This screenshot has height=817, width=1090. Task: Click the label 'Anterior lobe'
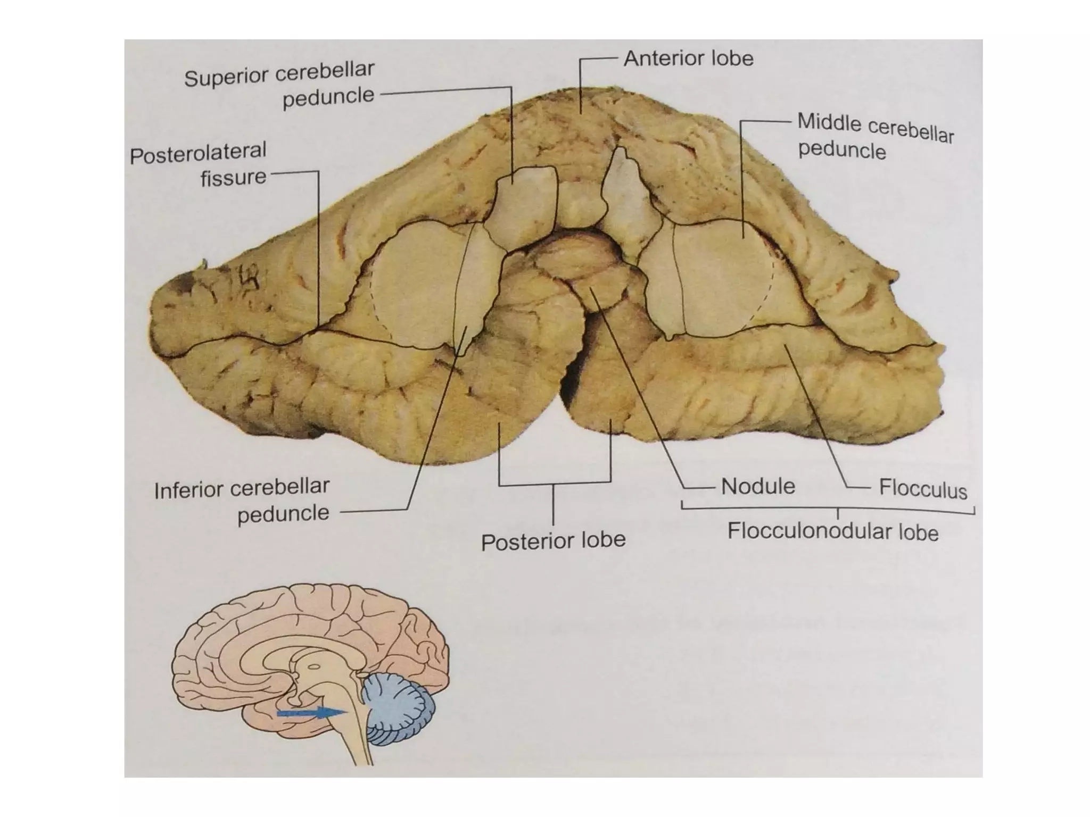(688, 59)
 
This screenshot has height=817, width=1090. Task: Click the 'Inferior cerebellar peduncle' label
(242, 501)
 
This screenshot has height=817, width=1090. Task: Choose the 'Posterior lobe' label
(553, 541)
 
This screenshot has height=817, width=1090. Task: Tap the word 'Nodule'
(758, 486)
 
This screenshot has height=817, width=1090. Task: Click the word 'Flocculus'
(922, 488)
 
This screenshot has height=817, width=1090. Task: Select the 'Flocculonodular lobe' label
(832, 531)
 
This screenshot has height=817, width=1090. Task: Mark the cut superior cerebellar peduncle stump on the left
(522, 207)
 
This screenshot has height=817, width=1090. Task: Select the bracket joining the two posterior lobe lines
(554, 483)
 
